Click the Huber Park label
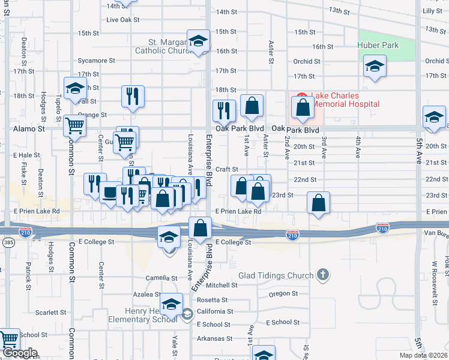click(378, 44)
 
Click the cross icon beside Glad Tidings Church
click(323, 275)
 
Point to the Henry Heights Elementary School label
click(143, 315)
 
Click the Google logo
click(19, 353)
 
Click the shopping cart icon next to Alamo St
click(75, 125)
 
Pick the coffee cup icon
click(110, 193)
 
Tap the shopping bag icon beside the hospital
click(303, 107)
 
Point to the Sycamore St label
click(96, 61)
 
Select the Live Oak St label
click(122, 19)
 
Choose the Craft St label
click(228, 170)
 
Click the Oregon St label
click(283, 293)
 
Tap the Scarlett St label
click(50, 313)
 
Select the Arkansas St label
click(215, 338)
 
